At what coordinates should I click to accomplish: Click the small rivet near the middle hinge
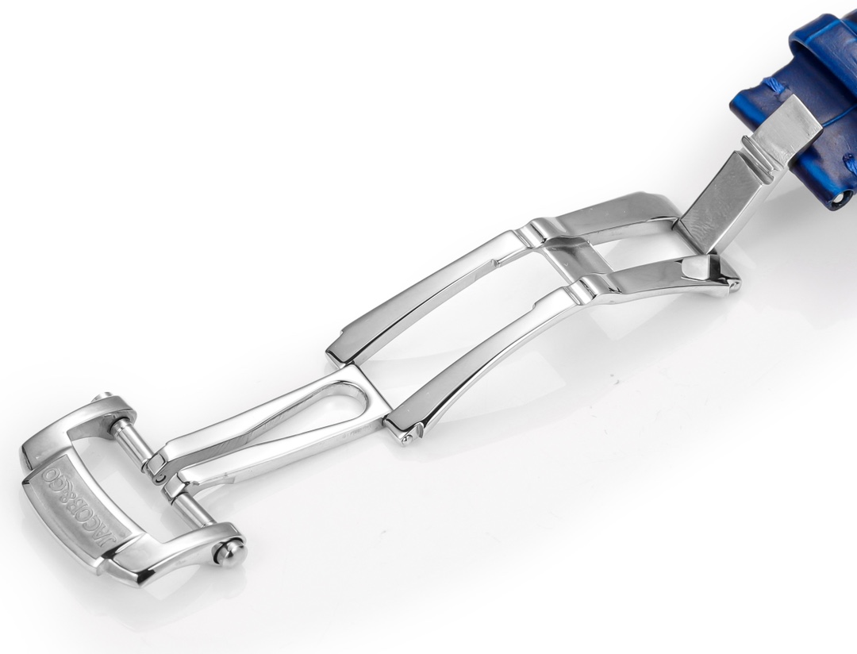coord(406,437)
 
